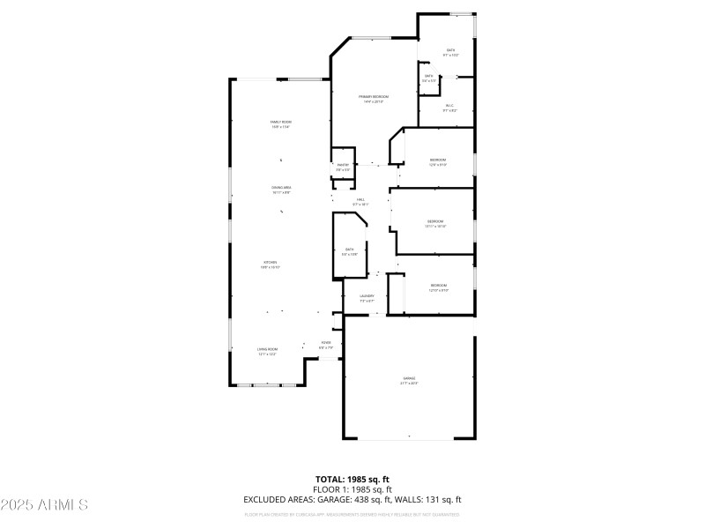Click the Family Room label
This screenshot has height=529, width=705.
pyautogui.click(x=280, y=123)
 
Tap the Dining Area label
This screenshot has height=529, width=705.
pyautogui.click(x=281, y=189)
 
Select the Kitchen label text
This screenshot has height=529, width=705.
pyautogui.click(x=270, y=264)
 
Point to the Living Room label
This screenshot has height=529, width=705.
pyautogui.click(x=268, y=351)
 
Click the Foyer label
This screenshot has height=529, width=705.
pyautogui.click(x=326, y=344)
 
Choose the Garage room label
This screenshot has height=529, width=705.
pyautogui.click(x=409, y=380)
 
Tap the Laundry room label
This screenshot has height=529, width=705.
pyautogui.click(x=367, y=298)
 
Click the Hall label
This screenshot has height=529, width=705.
pyautogui.click(x=361, y=202)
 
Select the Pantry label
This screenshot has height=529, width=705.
pyautogui.click(x=343, y=167)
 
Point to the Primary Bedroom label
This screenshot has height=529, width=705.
pyautogui.click(x=374, y=98)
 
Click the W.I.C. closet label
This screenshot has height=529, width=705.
pyautogui.click(x=449, y=108)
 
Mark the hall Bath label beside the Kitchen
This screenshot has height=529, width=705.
pyautogui.click(x=349, y=251)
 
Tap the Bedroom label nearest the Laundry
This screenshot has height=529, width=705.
pyautogui.click(x=439, y=287)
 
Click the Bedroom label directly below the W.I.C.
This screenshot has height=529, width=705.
pyautogui.click(x=438, y=161)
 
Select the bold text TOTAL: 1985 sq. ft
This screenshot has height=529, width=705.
pyautogui.click(x=352, y=479)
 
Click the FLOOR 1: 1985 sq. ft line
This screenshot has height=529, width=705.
pyautogui.click(x=352, y=489)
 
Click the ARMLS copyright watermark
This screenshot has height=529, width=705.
pyautogui.click(x=44, y=505)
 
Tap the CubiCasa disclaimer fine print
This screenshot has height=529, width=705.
pyautogui.click(x=352, y=513)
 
